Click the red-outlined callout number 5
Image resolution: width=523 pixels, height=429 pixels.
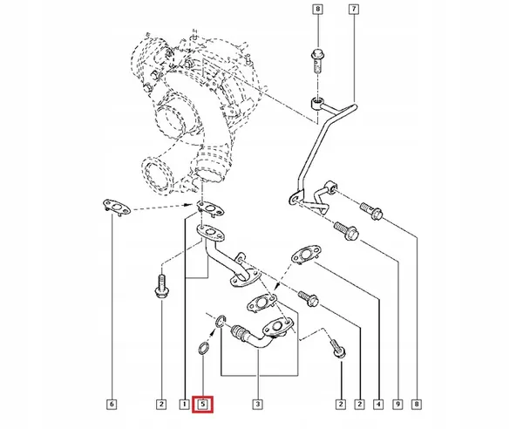click(x=203, y=404)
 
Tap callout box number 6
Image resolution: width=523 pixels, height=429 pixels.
click(x=111, y=404)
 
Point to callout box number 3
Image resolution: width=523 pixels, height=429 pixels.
click(x=259, y=404)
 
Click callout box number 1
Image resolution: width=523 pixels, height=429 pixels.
click(x=184, y=404)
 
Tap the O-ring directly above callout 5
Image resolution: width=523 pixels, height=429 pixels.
click(x=202, y=350)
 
